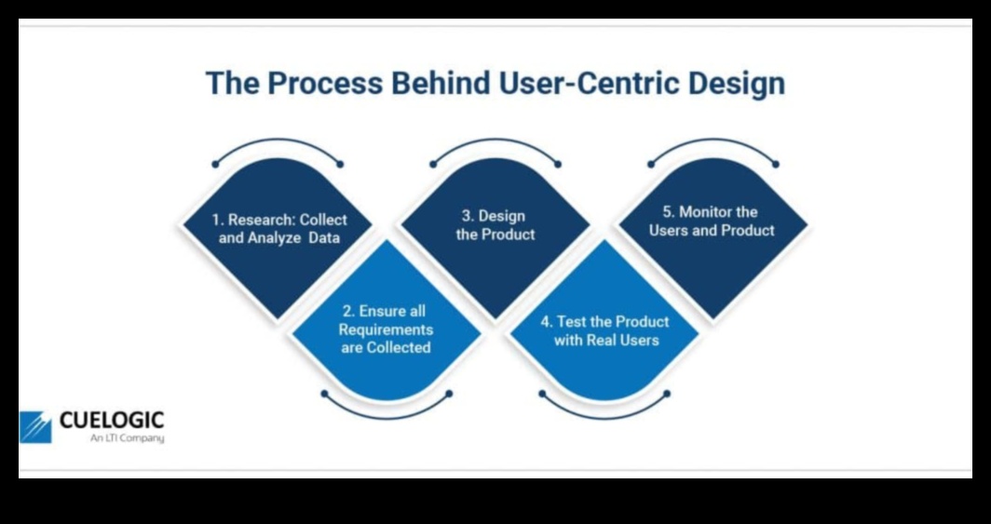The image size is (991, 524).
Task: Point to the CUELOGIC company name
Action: (111, 421)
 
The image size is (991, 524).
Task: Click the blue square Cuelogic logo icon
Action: (35, 426)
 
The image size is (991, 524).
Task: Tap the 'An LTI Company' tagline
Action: (127, 438)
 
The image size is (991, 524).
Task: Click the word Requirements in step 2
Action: (386, 329)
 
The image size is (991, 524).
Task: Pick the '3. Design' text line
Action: (495, 216)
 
